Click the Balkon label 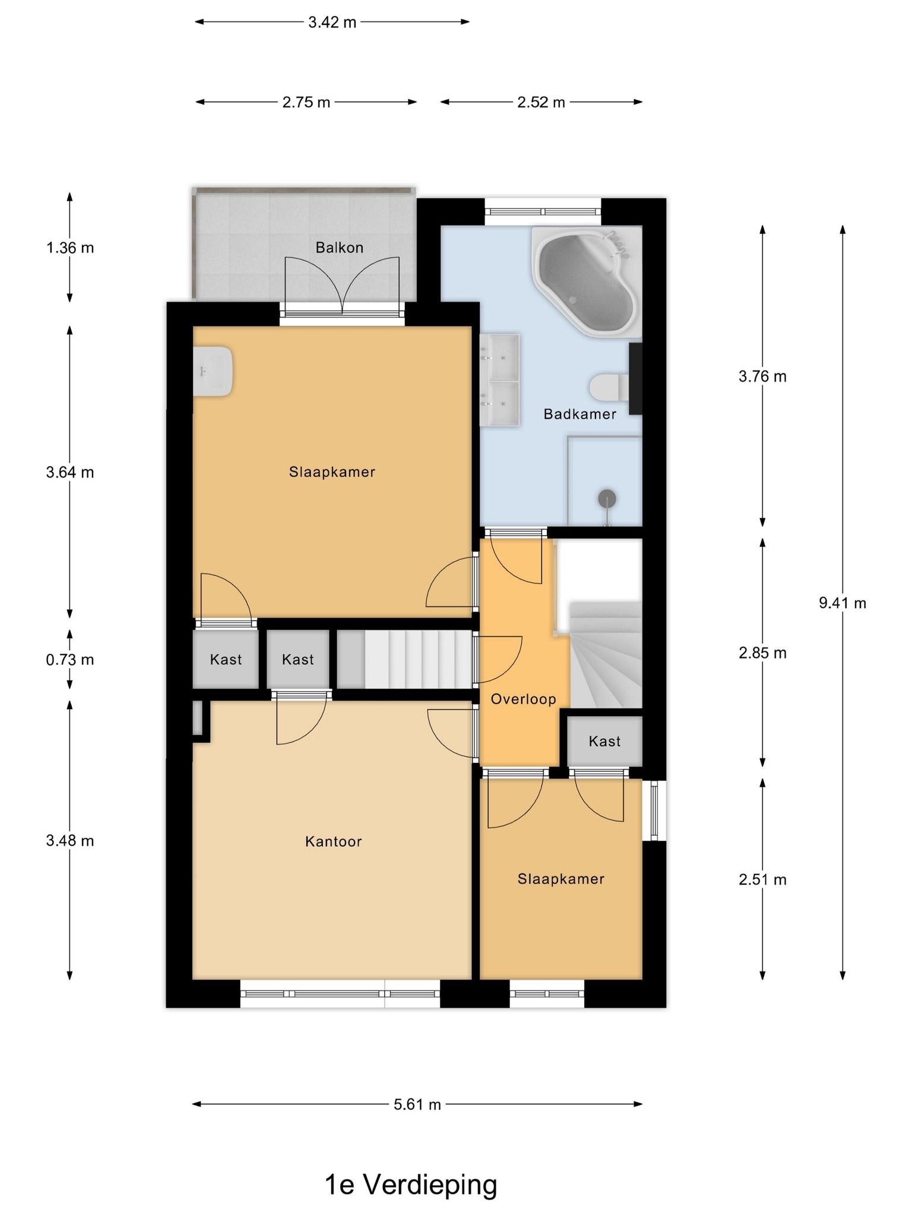(x=339, y=248)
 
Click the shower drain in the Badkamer (x=606, y=498)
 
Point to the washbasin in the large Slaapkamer (x=212, y=372)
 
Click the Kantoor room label (x=333, y=841)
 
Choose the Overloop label (x=523, y=699)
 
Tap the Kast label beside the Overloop (x=604, y=741)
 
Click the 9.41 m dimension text (x=843, y=603)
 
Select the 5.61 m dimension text (x=417, y=1104)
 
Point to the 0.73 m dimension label (x=70, y=660)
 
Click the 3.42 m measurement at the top (x=332, y=23)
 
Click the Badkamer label (x=580, y=414)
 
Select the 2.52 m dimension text (x=541, y=102)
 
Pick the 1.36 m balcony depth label (x=70, y=248)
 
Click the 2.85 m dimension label (x=762, y=653)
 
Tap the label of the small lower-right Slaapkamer (x=560, y=879)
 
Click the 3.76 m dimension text (x=762, y=376)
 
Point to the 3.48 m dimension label (x=70, y=841)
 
